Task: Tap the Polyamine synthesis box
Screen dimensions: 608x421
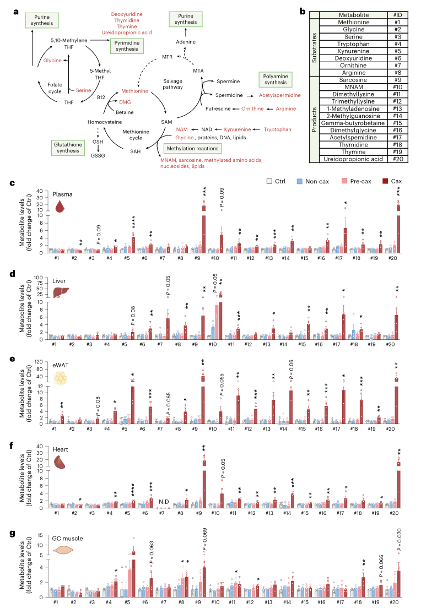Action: click(x=275, y=79)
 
